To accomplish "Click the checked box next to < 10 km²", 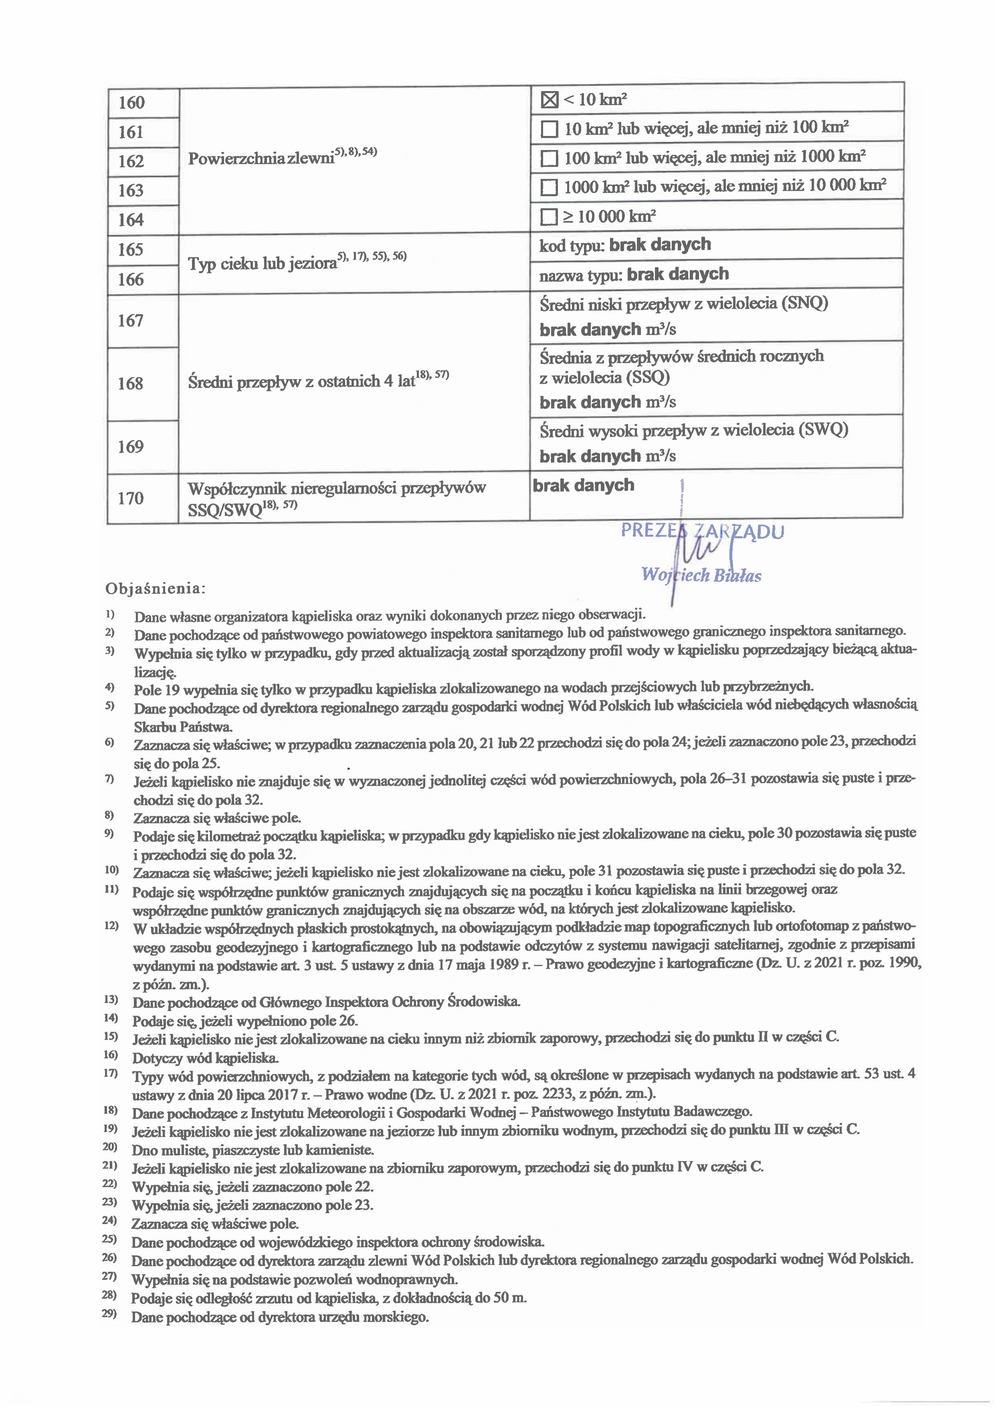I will [550, 99].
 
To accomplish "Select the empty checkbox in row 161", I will [550, 129].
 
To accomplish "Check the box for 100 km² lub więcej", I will [550, 159].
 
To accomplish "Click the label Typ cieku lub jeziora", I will [262, 264].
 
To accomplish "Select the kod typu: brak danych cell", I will [625, 245].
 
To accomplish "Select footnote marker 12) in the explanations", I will [111, 925].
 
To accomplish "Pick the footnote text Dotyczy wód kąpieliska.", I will [205, 1058].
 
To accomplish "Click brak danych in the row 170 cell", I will [583, 485].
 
